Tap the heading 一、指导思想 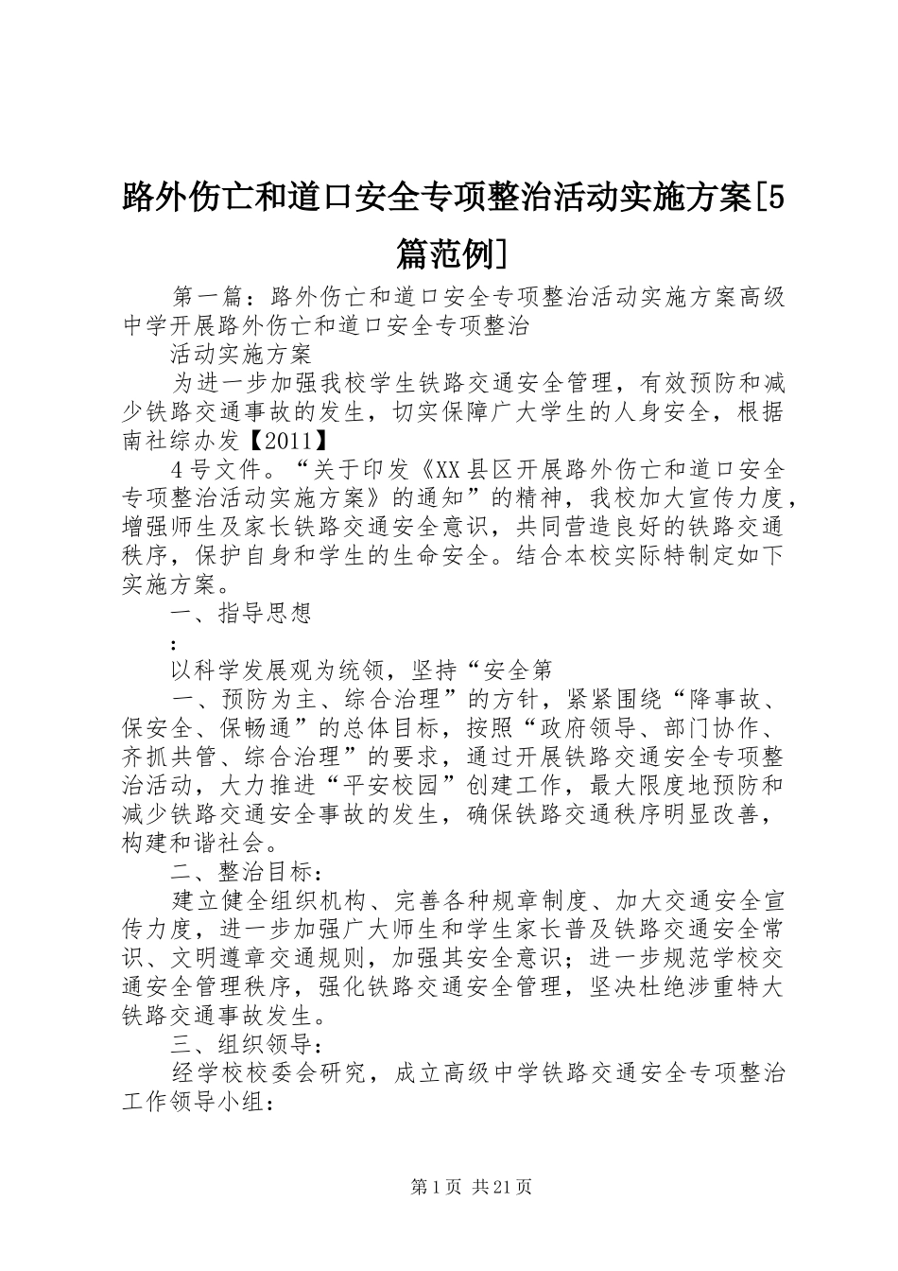[241, 614]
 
